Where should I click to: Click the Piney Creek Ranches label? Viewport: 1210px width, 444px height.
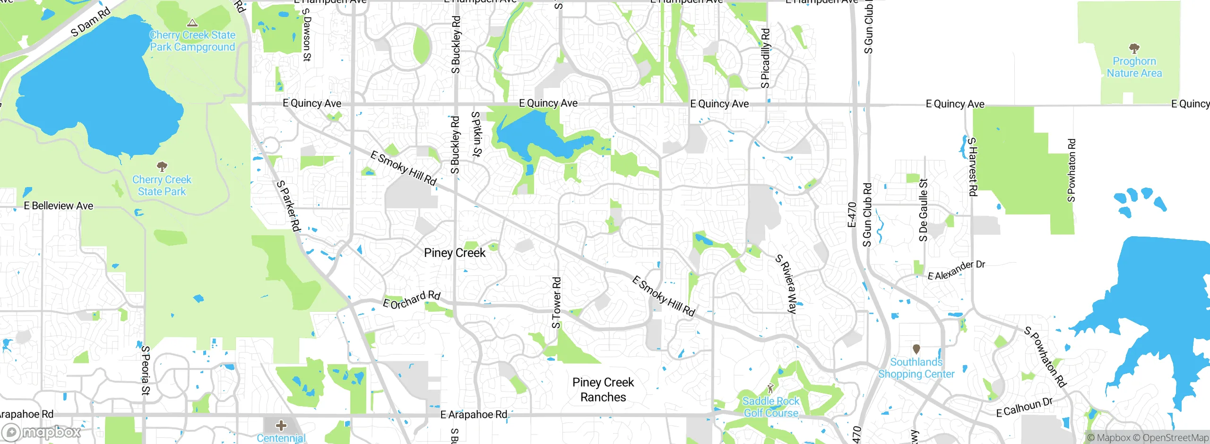(x=603, y=390)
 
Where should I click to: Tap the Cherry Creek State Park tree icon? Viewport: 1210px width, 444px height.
(x=162, y=166)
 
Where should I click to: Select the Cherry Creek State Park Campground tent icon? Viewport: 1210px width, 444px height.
(x=192, y=22)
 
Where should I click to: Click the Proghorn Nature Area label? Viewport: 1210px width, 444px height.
(x=1134, y=67)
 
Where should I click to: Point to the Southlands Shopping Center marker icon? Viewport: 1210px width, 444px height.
(x=916, y=349)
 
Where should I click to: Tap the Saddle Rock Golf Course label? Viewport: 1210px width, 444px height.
(x=771, y=407)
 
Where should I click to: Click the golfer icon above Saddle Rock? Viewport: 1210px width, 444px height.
(x=771, y=388)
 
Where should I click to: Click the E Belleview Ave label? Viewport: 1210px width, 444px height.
(x=59, y=206)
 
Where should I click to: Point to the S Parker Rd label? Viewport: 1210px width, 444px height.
(x=289, y=206)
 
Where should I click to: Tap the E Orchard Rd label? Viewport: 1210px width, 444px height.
(x=412, y=300)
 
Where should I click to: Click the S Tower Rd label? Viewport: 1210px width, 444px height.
(x=557, y=303)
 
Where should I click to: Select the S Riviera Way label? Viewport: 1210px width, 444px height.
(x=786, y=284)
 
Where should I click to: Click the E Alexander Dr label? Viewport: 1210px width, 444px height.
(x=956, y=270)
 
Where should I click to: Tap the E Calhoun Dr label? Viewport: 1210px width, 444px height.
(x=1024, y=407)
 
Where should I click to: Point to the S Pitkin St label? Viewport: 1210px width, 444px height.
(x=476, y=134)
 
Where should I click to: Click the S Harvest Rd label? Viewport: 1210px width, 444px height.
(x=972, y=167)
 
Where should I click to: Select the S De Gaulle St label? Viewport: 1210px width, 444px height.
(x=923, y=210)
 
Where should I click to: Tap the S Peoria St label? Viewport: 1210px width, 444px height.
(x=146, y=370)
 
